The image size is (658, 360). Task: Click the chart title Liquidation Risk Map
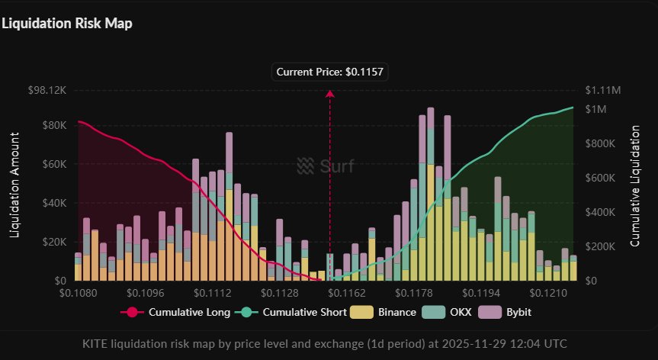67,24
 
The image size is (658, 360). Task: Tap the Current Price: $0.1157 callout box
329,72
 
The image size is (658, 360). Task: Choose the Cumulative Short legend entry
294,312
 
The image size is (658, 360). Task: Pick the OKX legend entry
454,312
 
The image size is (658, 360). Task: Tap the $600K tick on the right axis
600,178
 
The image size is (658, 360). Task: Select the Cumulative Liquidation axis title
635,185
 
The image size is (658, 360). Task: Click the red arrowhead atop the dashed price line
330,94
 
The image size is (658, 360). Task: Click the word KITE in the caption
96,343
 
